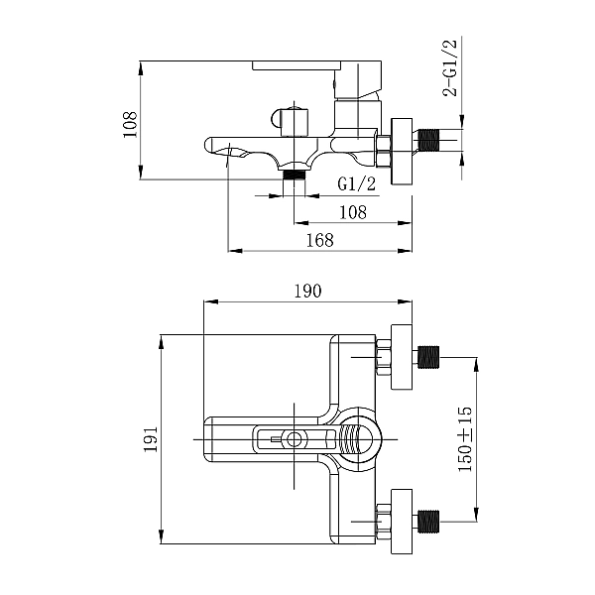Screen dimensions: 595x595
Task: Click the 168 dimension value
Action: (x=320, y=240)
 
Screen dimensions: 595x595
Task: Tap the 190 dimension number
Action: (x=307, y=291)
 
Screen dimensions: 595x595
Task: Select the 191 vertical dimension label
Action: (x=151, y=438)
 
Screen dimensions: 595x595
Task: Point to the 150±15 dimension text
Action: (x=465, y=439)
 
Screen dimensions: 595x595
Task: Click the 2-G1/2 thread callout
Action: (x=450, y=67)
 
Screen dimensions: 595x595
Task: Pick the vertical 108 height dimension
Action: (x=130, y=125)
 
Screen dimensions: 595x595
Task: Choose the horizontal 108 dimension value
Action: (x=353, y=212)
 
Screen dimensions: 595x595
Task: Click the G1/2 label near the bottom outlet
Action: (x=357, y=184)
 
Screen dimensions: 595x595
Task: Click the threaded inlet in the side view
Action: (x=428, y=140)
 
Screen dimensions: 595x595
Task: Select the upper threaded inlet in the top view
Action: (x=428, y=357)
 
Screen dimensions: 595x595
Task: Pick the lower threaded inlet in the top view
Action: (x=428, y=522)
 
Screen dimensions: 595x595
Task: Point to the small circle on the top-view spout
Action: (x=294, y=439)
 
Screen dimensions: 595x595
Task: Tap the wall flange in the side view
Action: (x=402, y=152)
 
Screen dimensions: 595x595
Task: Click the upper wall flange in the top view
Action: (x=402, y=357)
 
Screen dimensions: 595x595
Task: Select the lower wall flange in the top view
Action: (x=402, y=522)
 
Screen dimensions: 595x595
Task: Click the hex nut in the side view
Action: (x=384, y=151)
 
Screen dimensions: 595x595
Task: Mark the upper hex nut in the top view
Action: (x=384, y=357)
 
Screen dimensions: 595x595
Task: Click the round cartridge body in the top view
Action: (x=355, y=439)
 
